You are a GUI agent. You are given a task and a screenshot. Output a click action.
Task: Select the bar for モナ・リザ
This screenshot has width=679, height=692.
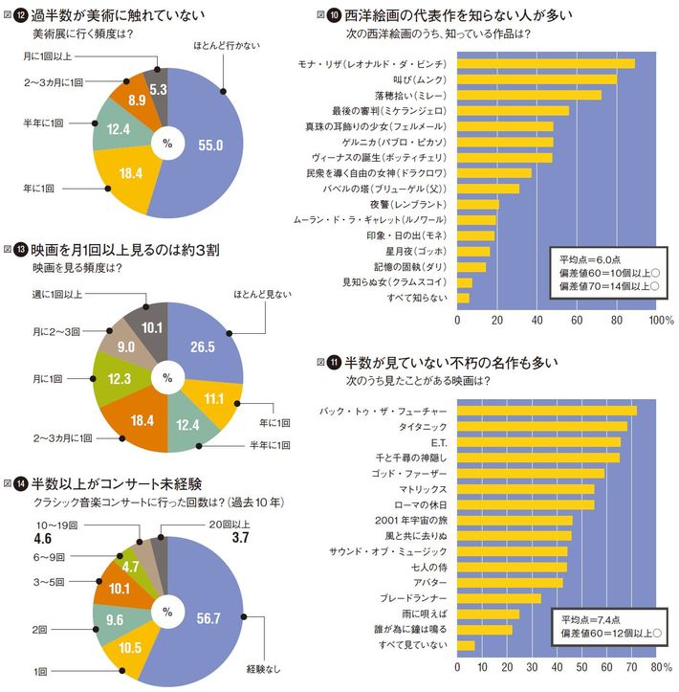pos(547,64)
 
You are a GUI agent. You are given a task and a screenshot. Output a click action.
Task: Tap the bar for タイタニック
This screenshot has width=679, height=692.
pos(543,427)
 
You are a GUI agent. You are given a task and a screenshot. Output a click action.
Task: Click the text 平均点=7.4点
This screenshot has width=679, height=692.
pos(590,618)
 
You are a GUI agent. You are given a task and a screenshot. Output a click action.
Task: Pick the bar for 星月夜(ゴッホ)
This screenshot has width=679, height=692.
pos(474,252)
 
